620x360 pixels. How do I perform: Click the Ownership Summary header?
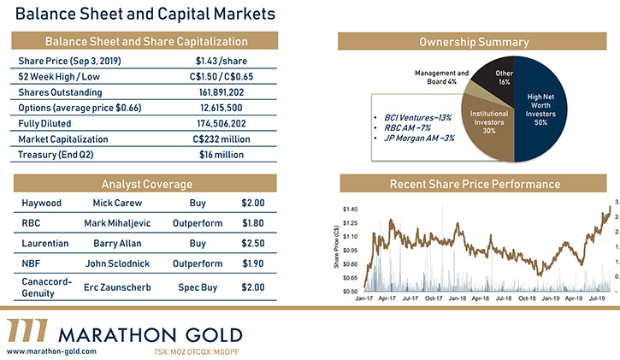coord(474,42)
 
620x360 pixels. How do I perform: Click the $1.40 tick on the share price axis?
coord(348,209)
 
